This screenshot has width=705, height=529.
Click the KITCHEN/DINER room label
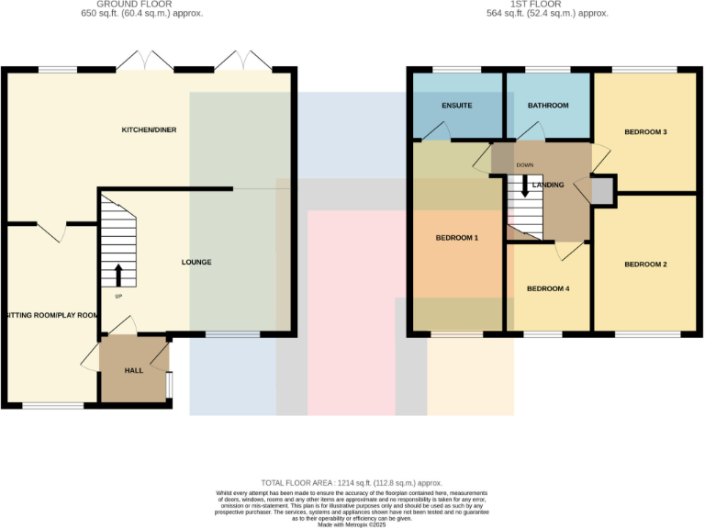(149, 129)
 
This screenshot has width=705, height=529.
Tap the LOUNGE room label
(196, 262)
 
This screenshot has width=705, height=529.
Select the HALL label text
(134, 370)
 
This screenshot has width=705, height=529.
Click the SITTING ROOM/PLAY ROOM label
(50, 315)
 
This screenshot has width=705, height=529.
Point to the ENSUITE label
(456, 106)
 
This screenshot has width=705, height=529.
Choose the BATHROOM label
(548, 106)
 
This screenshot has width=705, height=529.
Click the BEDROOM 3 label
(645, 132)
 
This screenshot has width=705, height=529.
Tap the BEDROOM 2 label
(645, 264)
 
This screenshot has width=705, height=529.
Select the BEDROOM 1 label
(456, 238)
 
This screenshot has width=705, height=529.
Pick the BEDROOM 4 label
(548, 288)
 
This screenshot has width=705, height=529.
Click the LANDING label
(548, 185)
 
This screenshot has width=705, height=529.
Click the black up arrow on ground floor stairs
(118, 274)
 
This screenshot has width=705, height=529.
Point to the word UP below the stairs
(118, 296)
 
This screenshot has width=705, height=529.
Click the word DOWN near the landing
(524, 165)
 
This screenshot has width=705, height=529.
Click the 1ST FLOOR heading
(548, 5)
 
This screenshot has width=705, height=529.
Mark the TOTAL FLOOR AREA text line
(352, 482)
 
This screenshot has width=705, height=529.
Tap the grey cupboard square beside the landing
(601, 190)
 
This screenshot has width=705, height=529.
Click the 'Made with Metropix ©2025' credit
(352, 523)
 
